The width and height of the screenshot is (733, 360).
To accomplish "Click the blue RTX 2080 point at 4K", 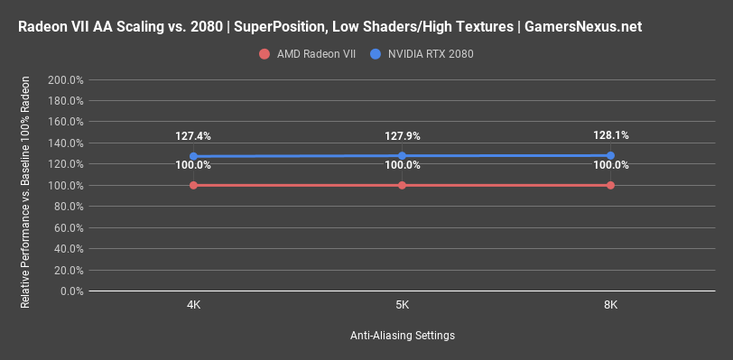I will coord(193,156).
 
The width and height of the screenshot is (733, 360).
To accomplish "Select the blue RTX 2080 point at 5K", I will coord(402,155).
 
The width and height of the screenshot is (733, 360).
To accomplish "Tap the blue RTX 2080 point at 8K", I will coord(611,155).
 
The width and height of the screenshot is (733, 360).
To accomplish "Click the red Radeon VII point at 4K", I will coord(193,185).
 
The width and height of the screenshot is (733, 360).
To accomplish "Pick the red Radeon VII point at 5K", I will coord(402,185).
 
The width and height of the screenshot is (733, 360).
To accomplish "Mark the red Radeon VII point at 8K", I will coord(611,185).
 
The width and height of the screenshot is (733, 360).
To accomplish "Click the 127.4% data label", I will coord(193,136).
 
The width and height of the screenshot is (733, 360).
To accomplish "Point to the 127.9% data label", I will coord(402,136).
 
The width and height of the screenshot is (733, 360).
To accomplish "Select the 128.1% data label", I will coord(611,135).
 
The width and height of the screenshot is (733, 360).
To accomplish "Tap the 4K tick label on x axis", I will coord(193,305).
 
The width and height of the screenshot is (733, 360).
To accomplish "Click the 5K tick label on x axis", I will coord(402,305).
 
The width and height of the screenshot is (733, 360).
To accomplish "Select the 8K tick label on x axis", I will coord(611,305).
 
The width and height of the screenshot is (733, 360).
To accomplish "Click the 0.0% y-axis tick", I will coord(70,291).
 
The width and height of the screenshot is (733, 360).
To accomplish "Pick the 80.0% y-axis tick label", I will coord(68,207).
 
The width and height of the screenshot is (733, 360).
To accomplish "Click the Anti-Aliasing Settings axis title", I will coord(402,336).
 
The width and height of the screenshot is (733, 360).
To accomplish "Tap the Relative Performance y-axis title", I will coord(25,186).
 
